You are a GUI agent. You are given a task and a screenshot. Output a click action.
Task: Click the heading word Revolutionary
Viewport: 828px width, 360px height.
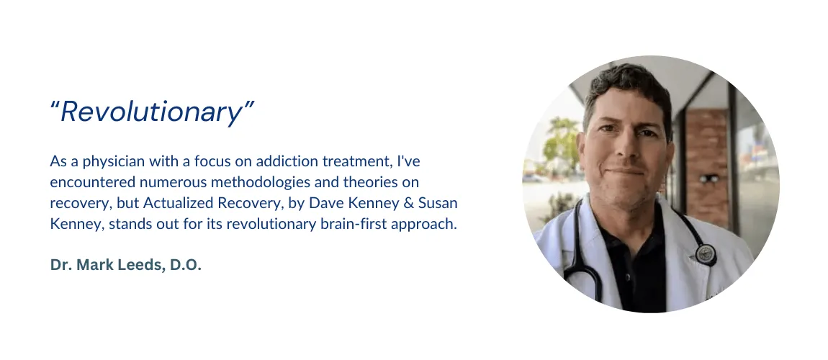(x=152, y=112)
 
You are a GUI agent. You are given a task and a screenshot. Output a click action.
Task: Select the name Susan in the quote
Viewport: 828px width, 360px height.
(x=438, y=203)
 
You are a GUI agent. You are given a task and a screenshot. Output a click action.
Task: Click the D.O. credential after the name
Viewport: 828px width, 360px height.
(x=185, y=265)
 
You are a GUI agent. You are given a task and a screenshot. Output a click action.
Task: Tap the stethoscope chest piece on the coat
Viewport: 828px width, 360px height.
(x=706, y=254)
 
